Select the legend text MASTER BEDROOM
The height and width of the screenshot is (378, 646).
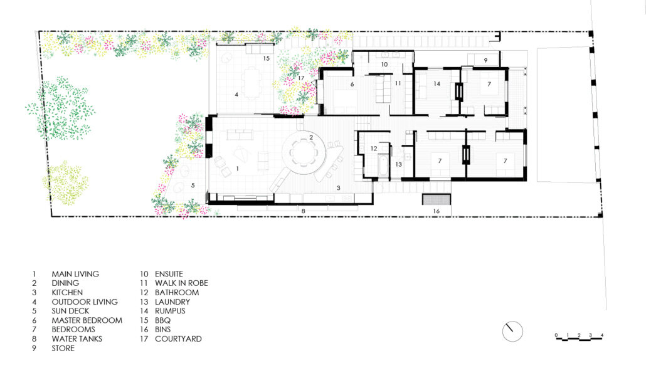point(87,320)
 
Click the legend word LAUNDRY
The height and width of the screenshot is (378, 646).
point(172,302)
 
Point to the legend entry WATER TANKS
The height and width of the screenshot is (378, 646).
point(77,339)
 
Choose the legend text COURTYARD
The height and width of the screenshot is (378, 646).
point(178,339)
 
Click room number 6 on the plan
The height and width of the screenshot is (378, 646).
point(352,85)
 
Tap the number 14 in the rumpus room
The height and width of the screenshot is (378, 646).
point(437,83)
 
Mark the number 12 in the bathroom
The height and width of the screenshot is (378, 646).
point(374,148)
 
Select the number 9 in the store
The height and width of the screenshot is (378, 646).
point(485,61)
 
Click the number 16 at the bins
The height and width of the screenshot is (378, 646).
point(436,211)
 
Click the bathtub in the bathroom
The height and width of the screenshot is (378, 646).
point(383,166)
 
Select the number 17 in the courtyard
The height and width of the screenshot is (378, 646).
point(301,78)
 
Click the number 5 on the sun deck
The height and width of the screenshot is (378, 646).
point(193,186)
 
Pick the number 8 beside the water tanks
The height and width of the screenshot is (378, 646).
point(303,211)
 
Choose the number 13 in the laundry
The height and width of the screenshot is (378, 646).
point(398,164)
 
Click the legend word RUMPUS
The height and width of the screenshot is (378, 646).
point(170,311)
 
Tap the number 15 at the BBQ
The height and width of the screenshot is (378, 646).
point(267,58)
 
